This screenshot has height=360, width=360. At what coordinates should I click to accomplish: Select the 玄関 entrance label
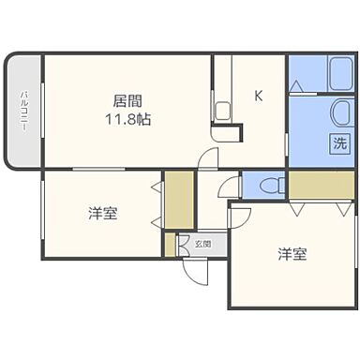coord(202,244)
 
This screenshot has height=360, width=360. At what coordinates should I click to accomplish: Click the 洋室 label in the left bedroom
coord(103,214)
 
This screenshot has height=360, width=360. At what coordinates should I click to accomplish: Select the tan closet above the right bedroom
coord(321,185)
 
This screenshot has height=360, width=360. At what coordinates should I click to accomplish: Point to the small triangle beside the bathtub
coord(296,86)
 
